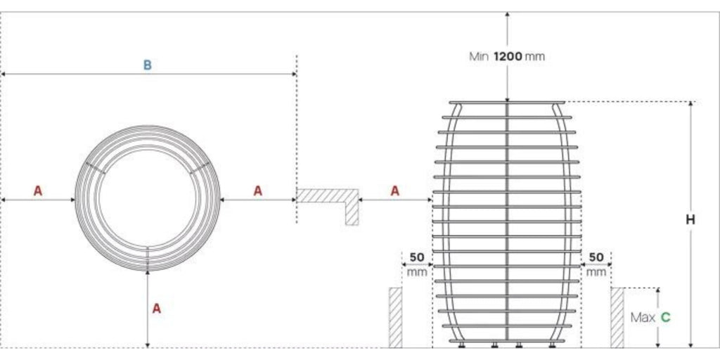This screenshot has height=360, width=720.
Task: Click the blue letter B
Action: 148,65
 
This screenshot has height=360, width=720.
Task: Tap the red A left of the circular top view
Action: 38,190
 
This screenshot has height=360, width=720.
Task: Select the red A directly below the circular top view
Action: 157,308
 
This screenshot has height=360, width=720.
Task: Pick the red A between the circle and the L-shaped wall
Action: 258,190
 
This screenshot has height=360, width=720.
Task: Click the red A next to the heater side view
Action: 395,190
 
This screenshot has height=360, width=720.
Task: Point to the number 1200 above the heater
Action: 507,56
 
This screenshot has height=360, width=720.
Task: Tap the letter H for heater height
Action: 690,220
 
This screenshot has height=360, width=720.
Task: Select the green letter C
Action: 665,318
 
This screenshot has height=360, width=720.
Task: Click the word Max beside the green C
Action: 643,318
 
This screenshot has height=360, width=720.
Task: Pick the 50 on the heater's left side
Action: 416,257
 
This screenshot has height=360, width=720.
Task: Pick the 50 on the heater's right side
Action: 596,257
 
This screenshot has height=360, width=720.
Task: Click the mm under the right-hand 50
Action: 596,271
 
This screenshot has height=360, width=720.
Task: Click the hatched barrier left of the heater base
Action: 396,317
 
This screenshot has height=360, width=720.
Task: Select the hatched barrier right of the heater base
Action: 617,317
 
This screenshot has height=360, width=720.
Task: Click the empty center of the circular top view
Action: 148,198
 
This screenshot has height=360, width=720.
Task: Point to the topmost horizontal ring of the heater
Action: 507,103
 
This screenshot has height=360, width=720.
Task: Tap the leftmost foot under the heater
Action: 462,345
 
